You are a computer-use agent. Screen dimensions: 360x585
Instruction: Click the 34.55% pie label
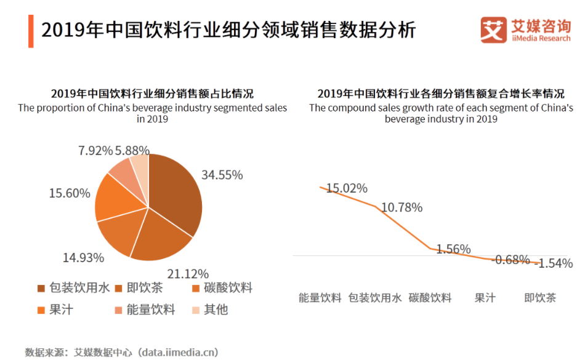pos(222,175)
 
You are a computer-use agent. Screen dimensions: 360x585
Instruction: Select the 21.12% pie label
pos(188,273)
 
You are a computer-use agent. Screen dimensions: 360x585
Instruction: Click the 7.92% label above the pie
pos(95,150)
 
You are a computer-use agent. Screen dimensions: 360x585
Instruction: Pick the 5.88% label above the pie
pos(132,150)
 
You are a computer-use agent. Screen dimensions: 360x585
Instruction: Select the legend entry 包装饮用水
pos(75,288)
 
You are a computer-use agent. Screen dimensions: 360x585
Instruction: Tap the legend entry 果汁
pos(56,309)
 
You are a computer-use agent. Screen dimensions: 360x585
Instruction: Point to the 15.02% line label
pos(347,188)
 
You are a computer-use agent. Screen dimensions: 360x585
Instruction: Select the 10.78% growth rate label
pos(401,207)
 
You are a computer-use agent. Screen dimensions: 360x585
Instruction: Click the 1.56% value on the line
pos(453,249)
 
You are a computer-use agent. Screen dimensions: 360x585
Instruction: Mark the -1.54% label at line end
pos(554,263)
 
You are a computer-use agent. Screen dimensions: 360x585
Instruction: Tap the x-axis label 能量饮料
pos(320,298)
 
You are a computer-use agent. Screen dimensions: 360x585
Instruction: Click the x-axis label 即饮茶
pos(540,298)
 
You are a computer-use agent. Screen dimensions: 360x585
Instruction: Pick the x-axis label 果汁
pos(485,298)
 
